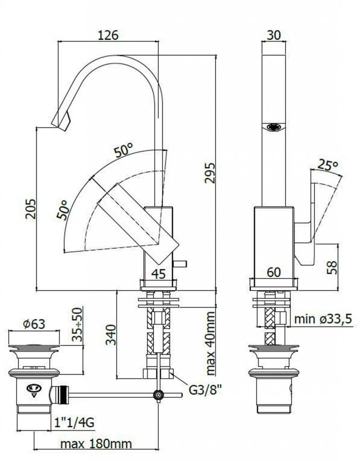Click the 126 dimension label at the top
pyautogui.click(x=108, y=35)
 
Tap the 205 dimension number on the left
pyautogui.click(x=31, y=209)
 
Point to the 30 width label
pyautogui.click(x=274, y=35)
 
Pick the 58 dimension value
pyautogui.click(x=332, y=267)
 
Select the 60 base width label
pyautogui.click(x=274, y=272)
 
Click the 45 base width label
pyautogui.click(x=158, y=274)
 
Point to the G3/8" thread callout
pyautogui.click(x=205, y=390)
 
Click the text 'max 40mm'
pyautogui.click(x=211, y=343)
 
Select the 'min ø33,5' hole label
pyautogui.click(x=323, y=319)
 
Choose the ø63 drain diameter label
pyautogui.click(x=34, y=324)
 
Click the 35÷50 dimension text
pyautogui.click(x=77, y=324)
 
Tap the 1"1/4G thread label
pyautogui.click(x=74, y=423)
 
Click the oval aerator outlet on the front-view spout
pyautogui.click(x=274, y=127)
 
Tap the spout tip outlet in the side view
pyautogui.click(x=61, y=122)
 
